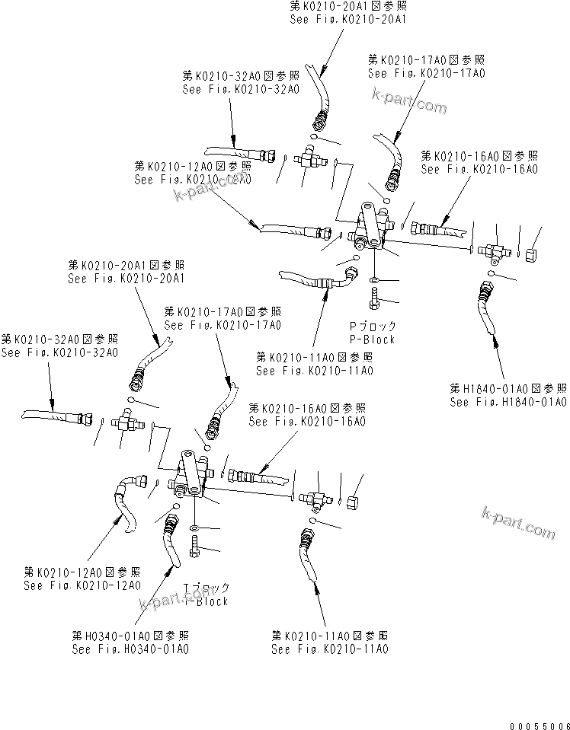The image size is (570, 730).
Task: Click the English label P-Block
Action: pos(372,339)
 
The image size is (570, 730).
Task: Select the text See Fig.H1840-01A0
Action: pos(508,402)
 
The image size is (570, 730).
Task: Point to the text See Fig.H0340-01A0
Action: pos(130,649)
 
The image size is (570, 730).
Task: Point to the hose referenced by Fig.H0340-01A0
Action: pos(170,540)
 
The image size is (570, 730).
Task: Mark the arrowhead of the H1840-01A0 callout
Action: pos(497,343)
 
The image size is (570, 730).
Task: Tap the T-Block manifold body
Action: pos(191,477)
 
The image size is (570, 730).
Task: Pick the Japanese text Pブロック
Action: pos(372,327)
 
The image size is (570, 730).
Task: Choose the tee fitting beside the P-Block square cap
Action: pos(495,250)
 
